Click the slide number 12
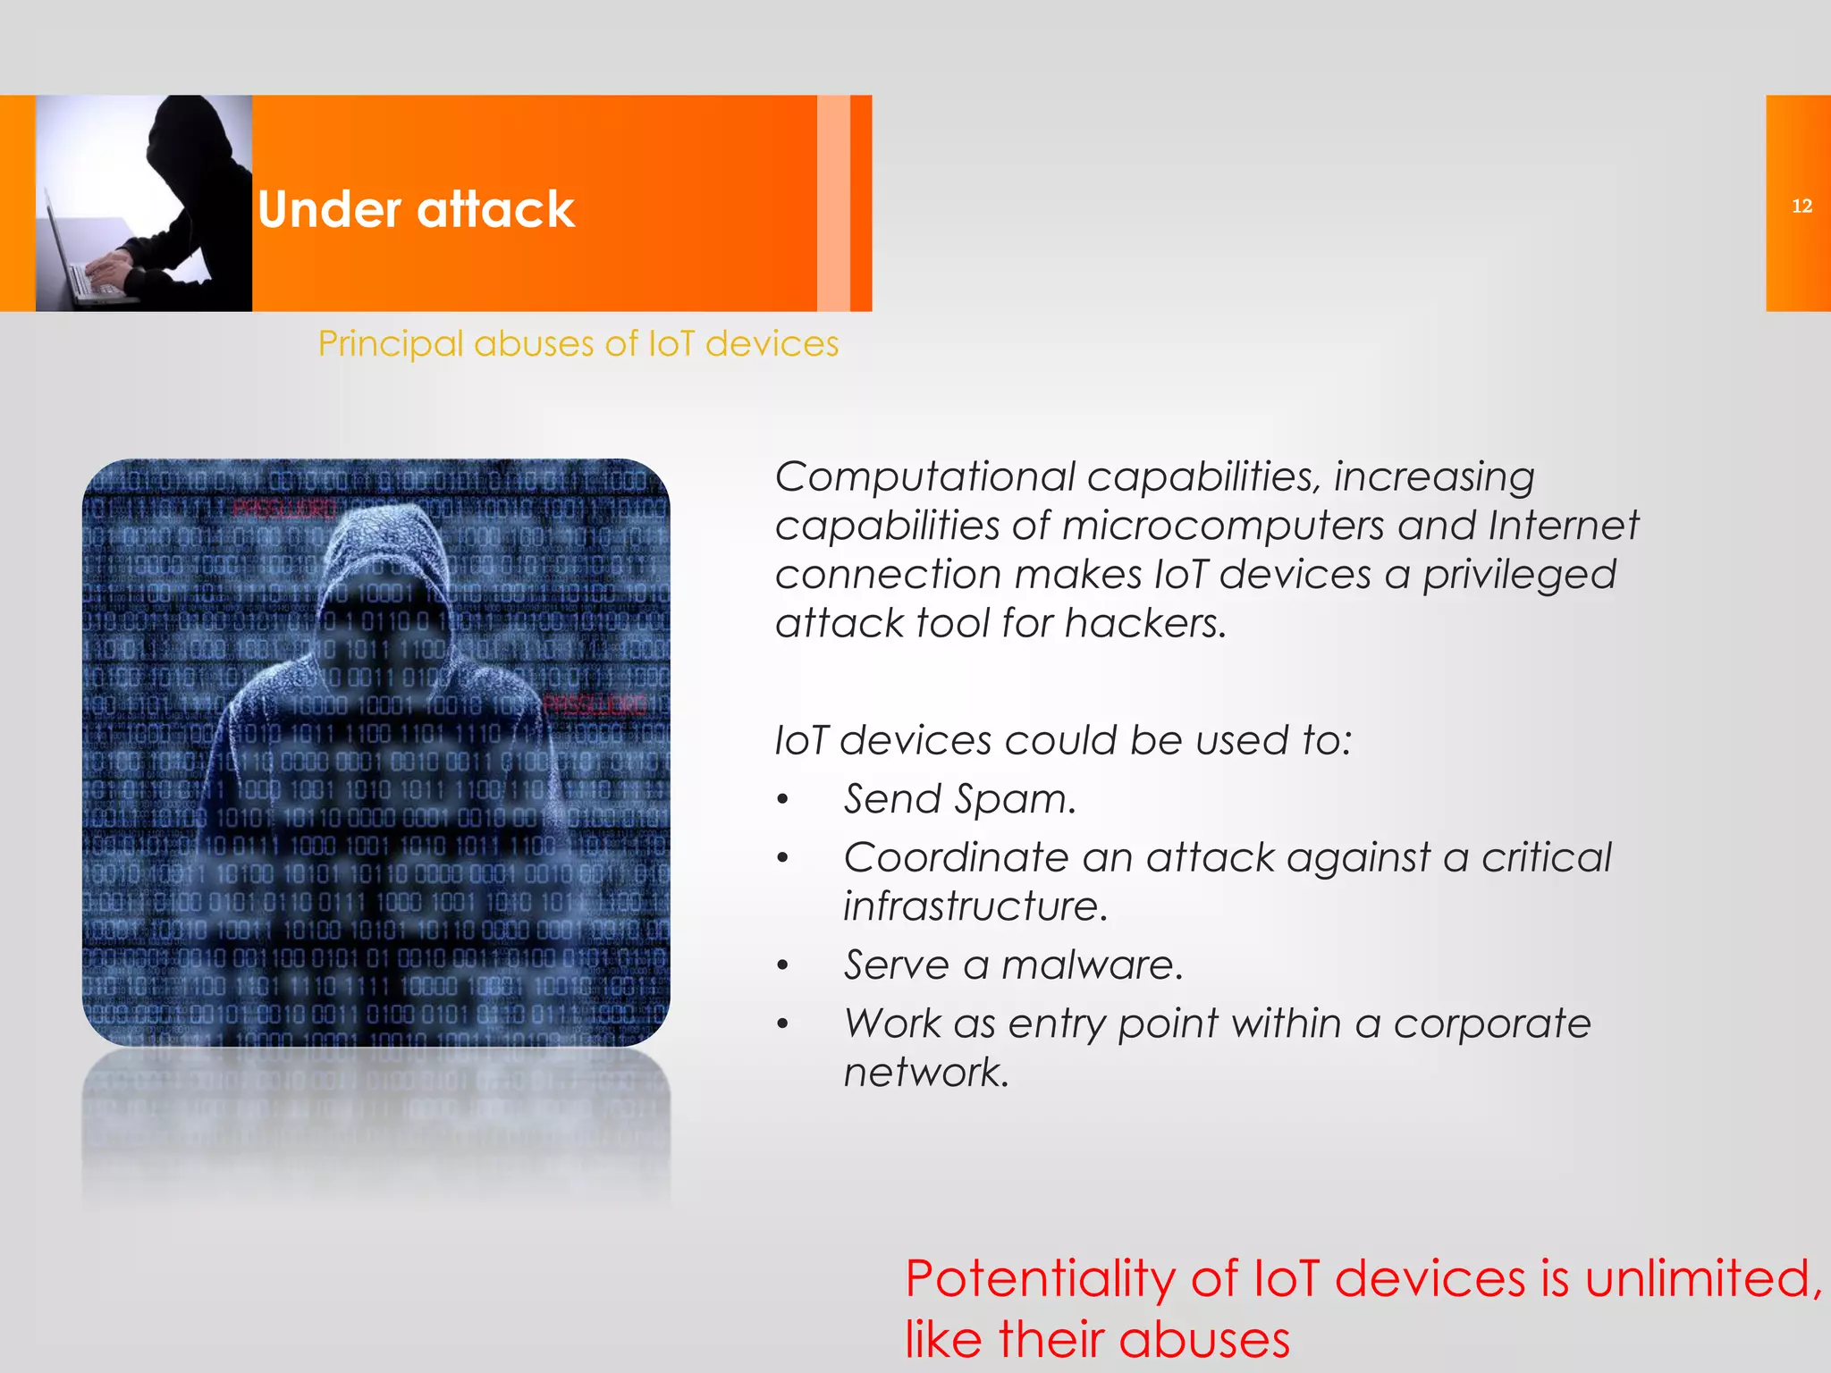point(1801,206)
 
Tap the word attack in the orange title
point(495,210)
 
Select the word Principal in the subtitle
point(391,344)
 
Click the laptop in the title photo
point(80,268)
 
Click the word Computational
point(924,477)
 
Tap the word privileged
point(1519,575)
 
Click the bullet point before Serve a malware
point(783,966)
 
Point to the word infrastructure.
point(975,906)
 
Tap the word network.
point(925,1073)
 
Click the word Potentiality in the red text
point(1040,1279)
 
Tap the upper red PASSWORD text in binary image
point(283,510)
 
